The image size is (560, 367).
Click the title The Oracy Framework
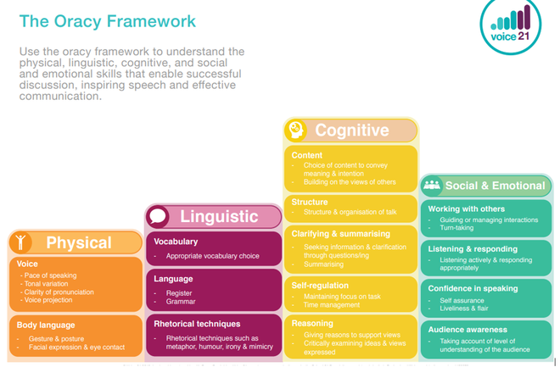click(107, 20)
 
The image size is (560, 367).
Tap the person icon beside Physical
click(22, 242)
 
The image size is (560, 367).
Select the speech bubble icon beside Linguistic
click(158, 216)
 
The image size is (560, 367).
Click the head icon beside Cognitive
click(296, 130)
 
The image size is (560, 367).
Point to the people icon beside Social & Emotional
click(432, 185)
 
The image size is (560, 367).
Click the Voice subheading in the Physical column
click(27, 264)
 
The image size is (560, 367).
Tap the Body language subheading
click(46, 325)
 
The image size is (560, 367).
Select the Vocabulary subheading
click(176, 242)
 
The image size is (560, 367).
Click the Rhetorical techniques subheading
click(197, 324)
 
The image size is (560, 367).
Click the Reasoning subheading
click(312, 324)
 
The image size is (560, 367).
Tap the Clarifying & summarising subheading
click(339, 234)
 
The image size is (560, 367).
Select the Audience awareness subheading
click(468, 330)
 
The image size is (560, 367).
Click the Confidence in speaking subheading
click(473, 288)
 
